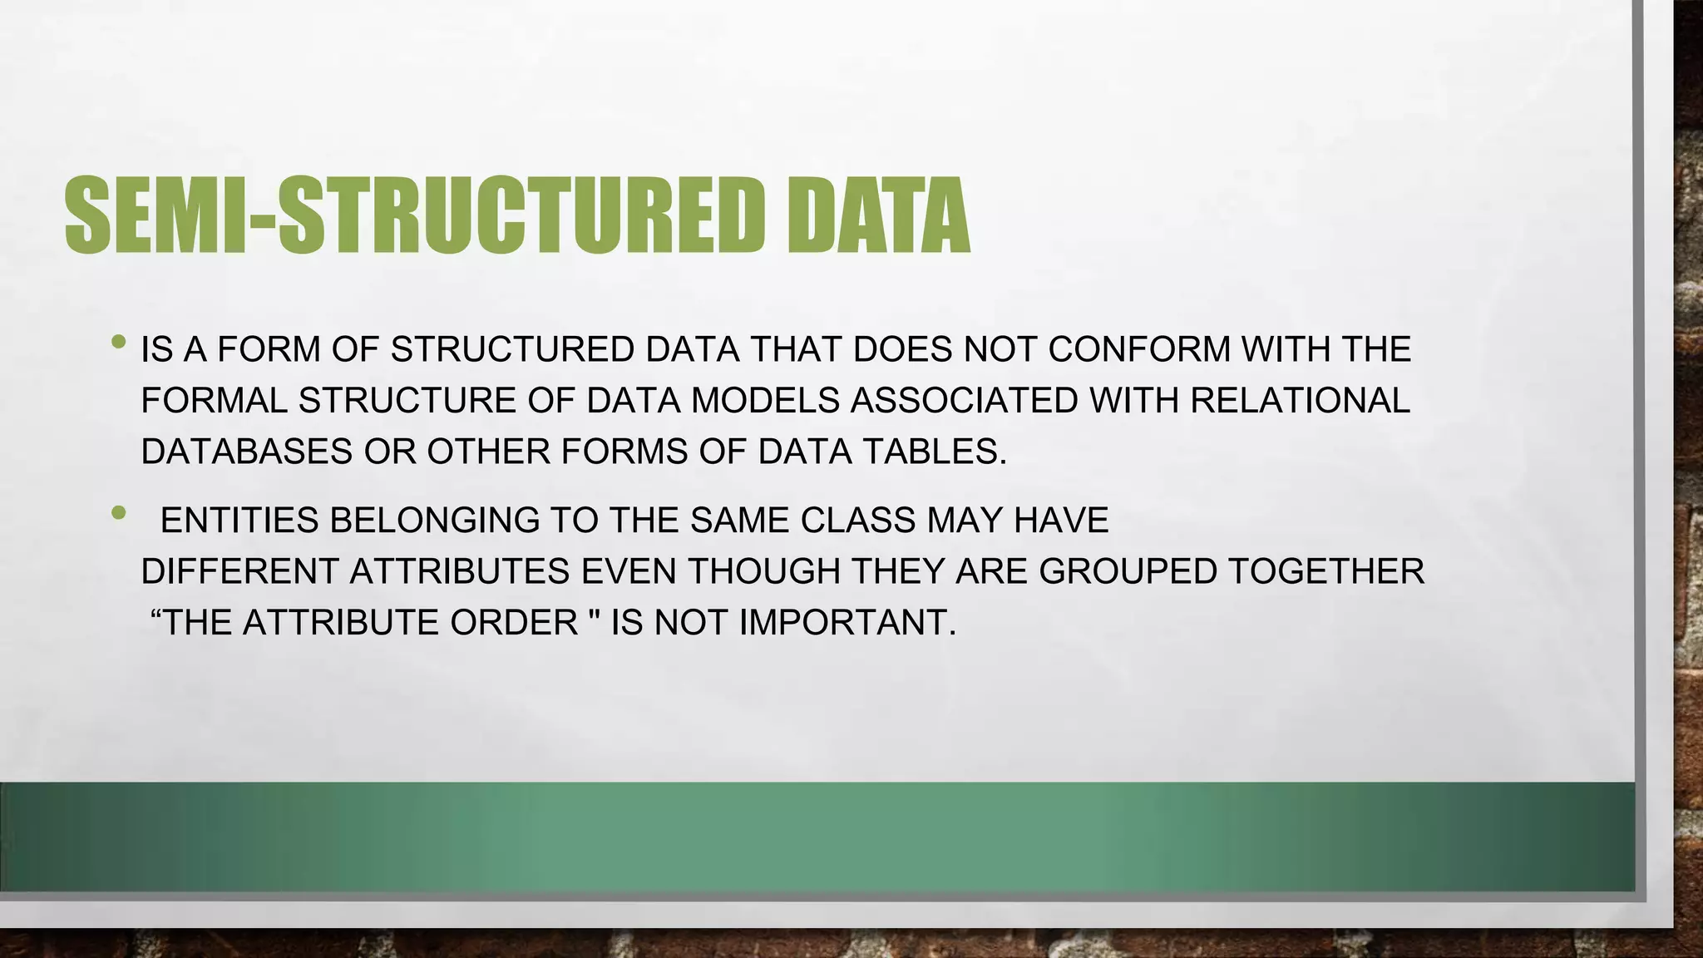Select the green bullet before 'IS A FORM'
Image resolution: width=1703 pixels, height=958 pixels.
[119, 341]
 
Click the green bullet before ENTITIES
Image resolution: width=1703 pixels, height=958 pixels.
[119, 512]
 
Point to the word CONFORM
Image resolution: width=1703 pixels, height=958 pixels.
[1139, 349]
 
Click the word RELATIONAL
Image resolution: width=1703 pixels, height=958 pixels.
[1300, 401]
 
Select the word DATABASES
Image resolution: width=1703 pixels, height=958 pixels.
[247, 452]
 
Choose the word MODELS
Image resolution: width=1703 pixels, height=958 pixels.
[765, 401]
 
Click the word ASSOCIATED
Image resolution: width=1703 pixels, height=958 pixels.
[964, 401]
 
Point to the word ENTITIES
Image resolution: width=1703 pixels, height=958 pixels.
[239, 521]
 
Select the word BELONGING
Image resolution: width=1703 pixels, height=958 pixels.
[435, 521]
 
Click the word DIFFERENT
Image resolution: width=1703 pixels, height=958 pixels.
[239, 572]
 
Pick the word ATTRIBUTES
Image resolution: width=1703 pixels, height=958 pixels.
[459, 572]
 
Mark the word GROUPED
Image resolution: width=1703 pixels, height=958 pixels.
[1128, 572]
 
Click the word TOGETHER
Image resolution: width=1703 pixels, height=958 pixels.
[1325, 572]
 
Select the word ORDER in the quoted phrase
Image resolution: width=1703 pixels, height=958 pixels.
[514, 623]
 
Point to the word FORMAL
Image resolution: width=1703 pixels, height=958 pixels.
[214, 401]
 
